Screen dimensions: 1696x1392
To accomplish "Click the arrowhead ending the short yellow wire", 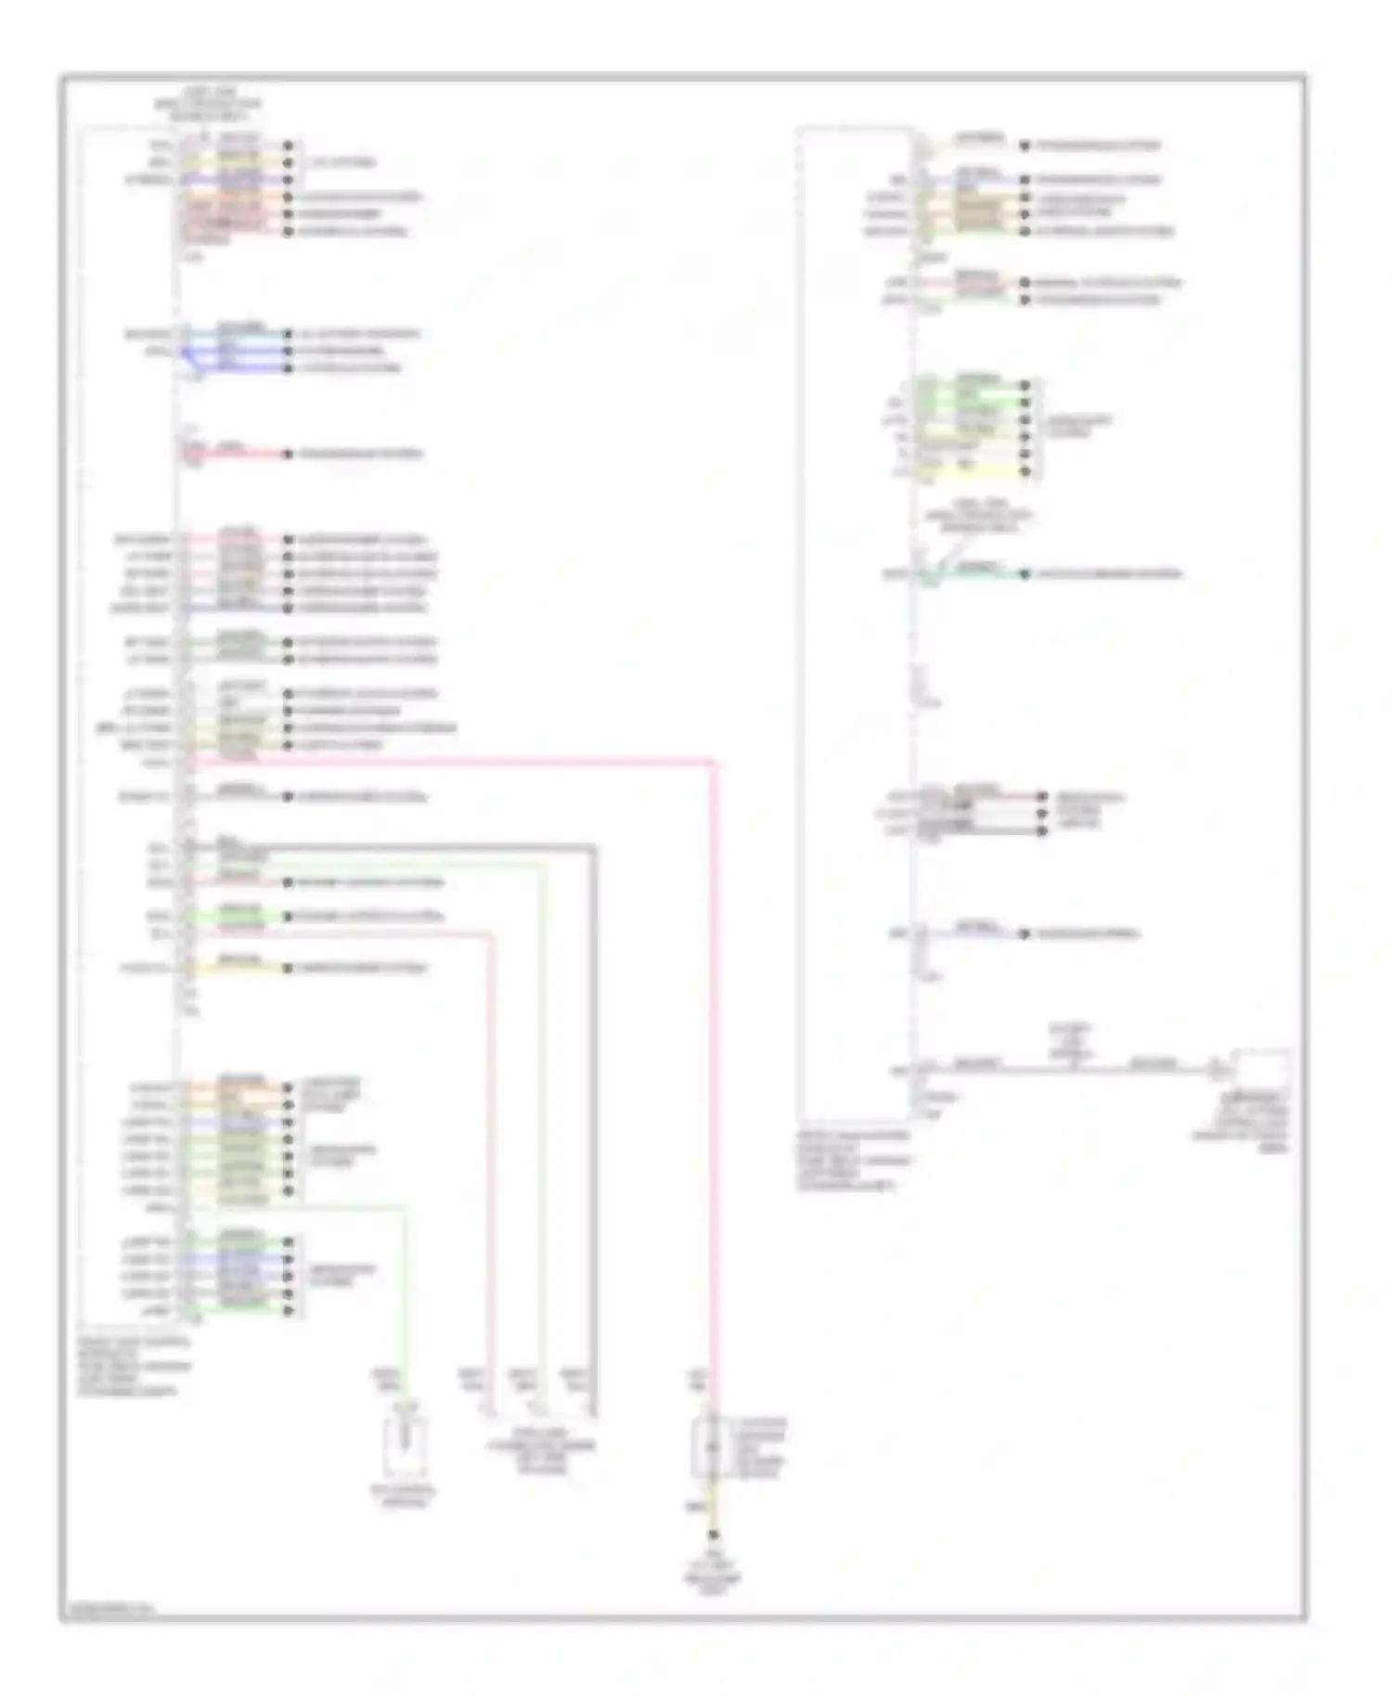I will (714, 1536).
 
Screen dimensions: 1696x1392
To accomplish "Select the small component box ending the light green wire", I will (406, 1445).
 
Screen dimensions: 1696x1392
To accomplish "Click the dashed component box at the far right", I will (1260, 1069).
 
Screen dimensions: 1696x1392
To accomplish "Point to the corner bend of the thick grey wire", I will (593, 847).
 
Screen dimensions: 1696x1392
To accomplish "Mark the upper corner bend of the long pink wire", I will (713, 764).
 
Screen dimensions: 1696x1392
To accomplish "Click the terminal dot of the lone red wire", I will (288, 454).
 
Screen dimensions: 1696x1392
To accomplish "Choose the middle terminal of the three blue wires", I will (288, 351).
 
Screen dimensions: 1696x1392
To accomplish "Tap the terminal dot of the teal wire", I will (1025, 574).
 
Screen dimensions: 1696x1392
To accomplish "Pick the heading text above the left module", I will (209, 105).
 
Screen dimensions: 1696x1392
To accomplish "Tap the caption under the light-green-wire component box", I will (405, 1496).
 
